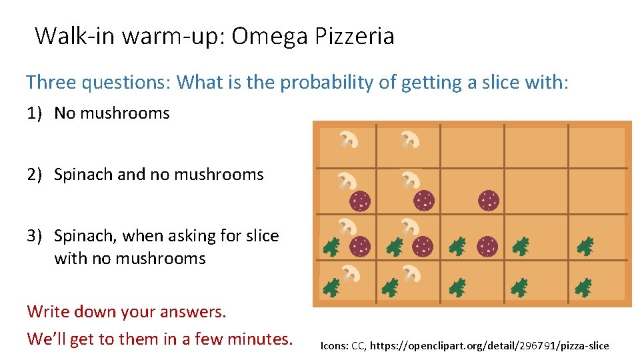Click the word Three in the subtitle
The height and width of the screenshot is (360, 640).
(x=51, y=83)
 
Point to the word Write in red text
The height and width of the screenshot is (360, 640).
(x=49, y=311)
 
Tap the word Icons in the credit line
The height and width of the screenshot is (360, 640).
(x=333, y=345)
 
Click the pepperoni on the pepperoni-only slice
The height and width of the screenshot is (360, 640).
(x=488, y=200)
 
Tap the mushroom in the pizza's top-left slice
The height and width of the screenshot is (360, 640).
(x=349, y=139)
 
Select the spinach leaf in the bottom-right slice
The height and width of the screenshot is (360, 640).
(x=583, y=288)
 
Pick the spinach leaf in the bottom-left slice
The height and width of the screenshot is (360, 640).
(x=331, y=288)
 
